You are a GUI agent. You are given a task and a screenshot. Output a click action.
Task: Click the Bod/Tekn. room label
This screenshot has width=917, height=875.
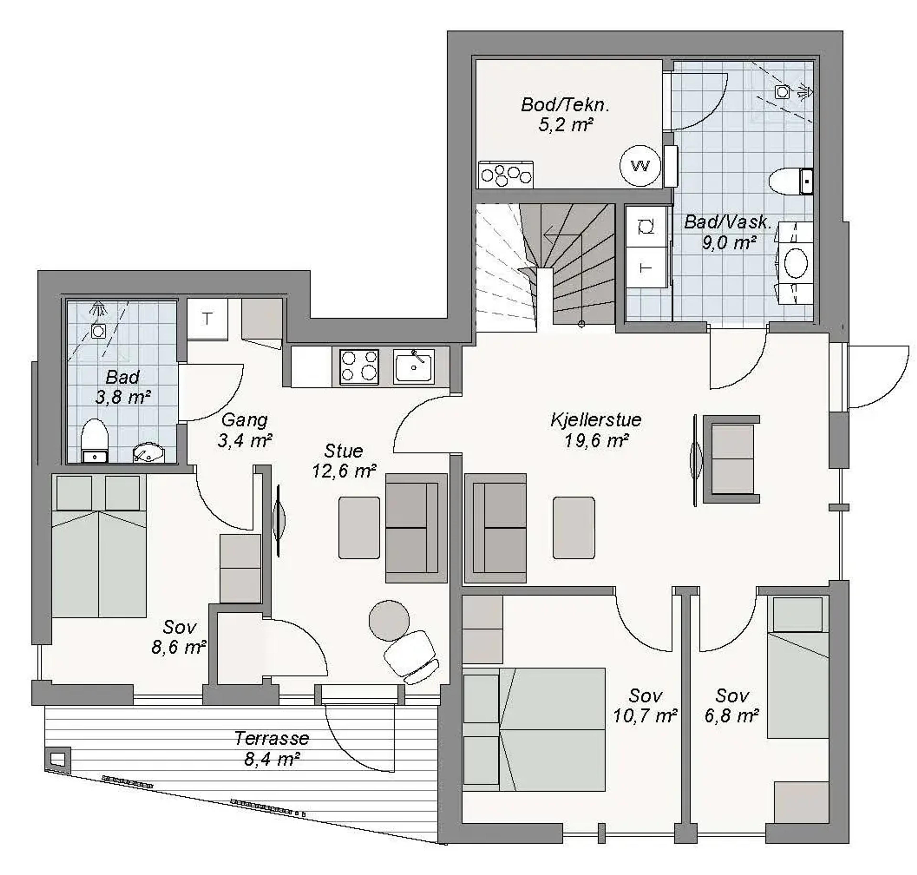point(565,105)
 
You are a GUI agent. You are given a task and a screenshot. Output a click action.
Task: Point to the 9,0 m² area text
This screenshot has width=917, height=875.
point(729,243)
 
